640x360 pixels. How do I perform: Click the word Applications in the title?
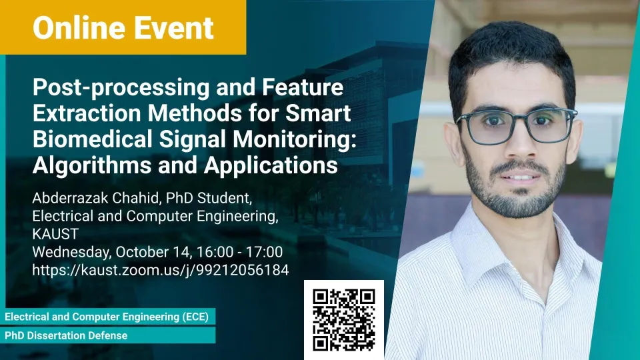pyautogui.click(x=271, y=166)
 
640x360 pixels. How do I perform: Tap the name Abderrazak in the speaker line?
pyautogui.click(x=70, y=198)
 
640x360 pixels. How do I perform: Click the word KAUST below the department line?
pyautogui.click(x=55, y=234)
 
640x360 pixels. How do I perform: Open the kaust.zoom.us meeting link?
pyautogui.click(x=161, y=270)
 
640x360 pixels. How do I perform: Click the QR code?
pyautogui.click(x=344, y=320)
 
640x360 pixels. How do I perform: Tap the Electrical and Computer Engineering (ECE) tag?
pyautogui.click(x=107, y=317)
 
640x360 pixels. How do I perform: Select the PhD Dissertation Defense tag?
pyautogui.click(x=107, y=335)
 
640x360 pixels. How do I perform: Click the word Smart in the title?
pyautogui.click(x=319, y=113)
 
